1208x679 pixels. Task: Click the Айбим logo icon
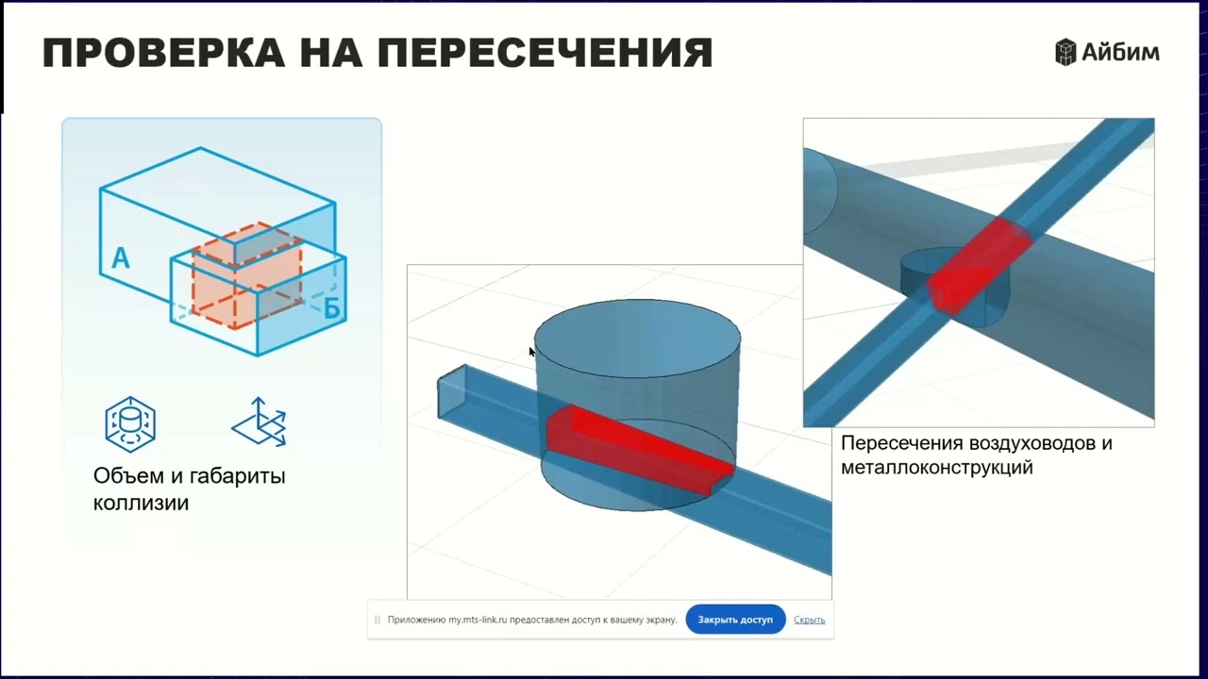tap(1065, 53)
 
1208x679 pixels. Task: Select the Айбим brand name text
tap(1120, 53)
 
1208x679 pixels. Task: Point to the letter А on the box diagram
tap(120, 257)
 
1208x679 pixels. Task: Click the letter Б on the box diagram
tap(331, 308)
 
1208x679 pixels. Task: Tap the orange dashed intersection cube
tap(247, 273)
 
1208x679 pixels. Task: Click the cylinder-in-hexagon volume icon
tap(130, 424)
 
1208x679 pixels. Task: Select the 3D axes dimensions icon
tap(260, 422)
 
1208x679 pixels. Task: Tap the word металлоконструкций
tap(936, 467)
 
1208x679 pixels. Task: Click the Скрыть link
tap(809, 620)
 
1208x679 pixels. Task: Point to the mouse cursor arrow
tap(531, 352)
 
